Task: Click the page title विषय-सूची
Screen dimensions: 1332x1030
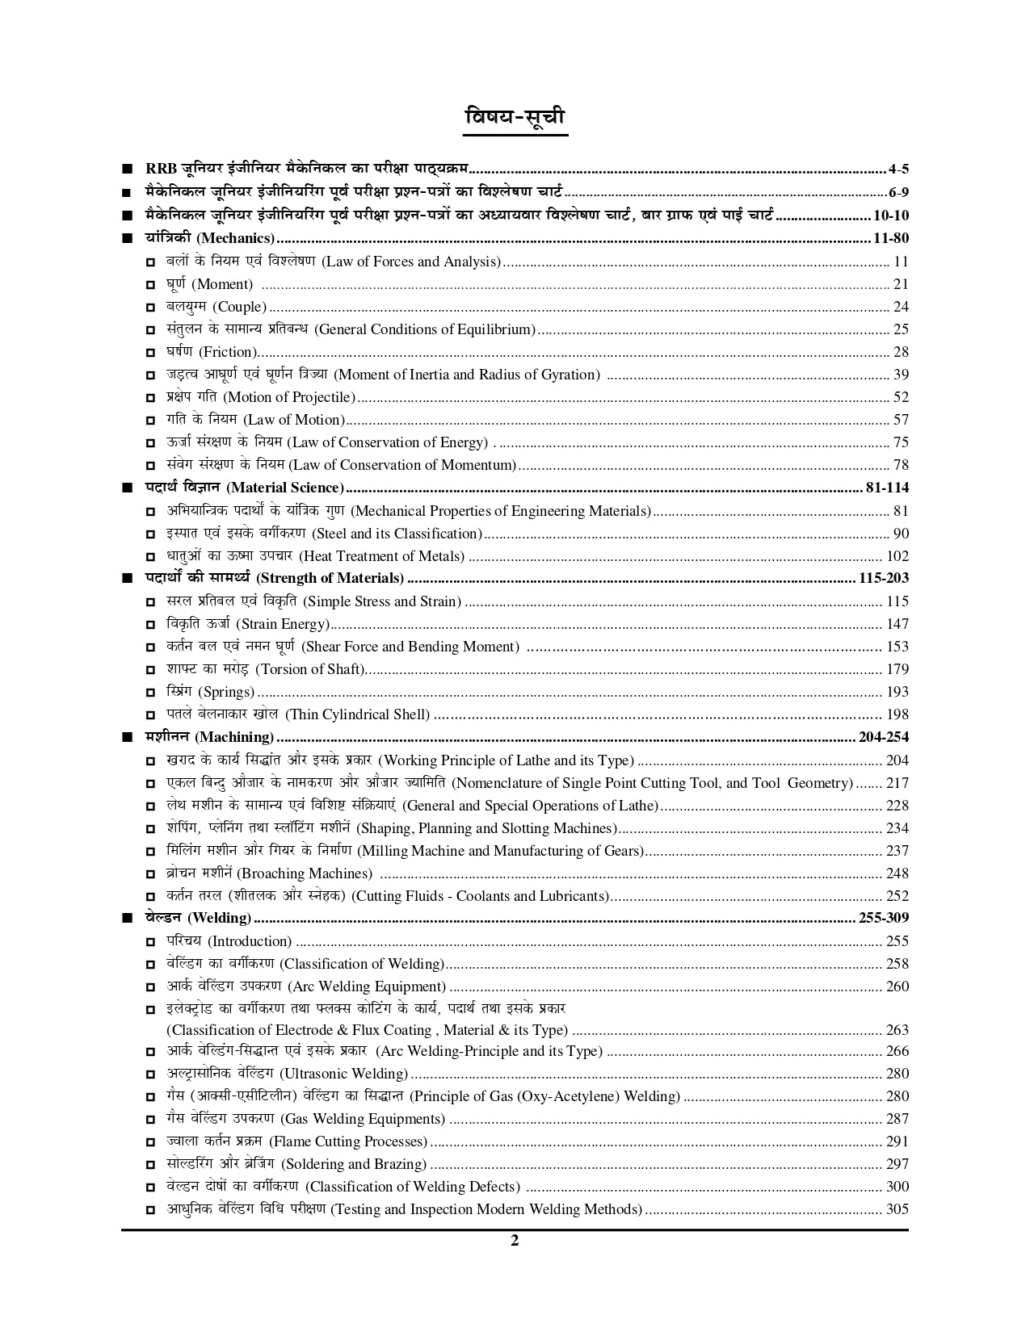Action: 515,118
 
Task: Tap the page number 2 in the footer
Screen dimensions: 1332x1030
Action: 515,1241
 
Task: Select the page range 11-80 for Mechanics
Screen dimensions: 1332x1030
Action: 891,238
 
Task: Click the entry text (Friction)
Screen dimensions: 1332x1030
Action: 228,352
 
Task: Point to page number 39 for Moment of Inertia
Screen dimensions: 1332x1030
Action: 901,375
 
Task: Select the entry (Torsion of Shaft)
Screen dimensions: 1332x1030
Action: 310,669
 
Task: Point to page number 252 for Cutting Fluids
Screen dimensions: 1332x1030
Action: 898,896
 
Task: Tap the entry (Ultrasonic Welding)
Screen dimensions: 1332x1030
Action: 343,1074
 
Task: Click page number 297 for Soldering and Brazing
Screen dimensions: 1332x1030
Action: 898,1164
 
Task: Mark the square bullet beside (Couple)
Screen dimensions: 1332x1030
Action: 151,308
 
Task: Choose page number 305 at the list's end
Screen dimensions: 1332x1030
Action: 898,1209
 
